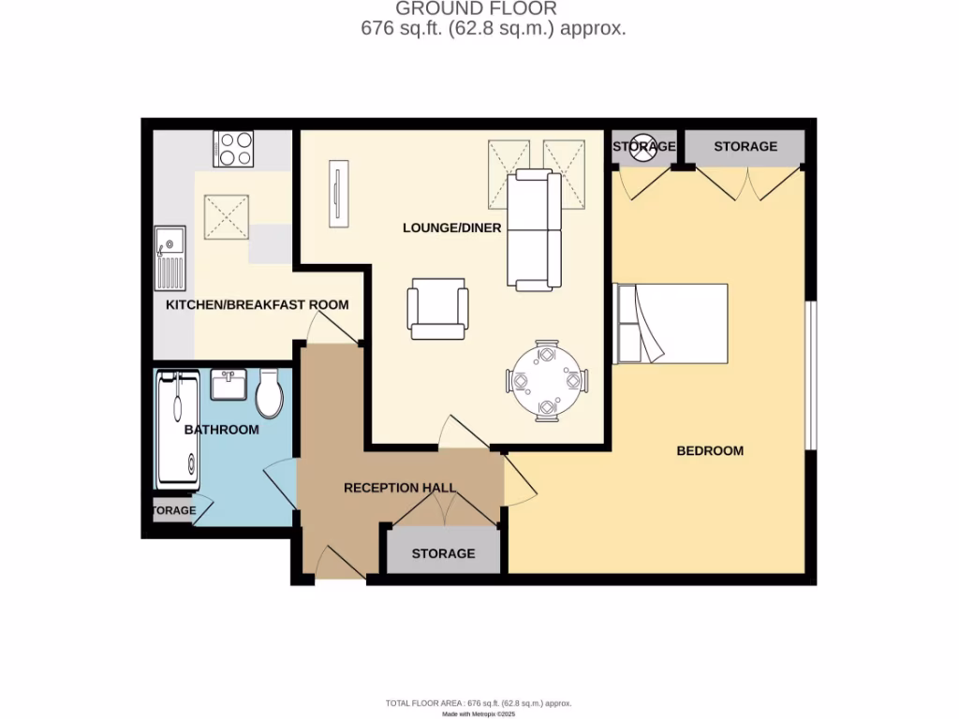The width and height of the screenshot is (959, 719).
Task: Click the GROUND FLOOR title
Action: [476, 9]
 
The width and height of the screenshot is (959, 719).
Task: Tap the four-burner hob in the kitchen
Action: [233, 148]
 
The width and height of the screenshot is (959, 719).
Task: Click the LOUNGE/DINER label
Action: [451, 227]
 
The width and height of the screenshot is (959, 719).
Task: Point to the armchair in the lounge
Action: [437, 309]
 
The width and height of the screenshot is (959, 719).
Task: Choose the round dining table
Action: [548, 381]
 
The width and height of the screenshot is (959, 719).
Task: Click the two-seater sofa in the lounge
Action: [535, 230]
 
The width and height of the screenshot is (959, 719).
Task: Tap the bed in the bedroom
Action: [671, 323]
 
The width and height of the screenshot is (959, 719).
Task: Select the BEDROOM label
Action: [710, 450]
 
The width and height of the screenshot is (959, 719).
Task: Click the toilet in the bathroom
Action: [270, 394]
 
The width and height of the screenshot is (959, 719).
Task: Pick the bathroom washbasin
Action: [229, 385]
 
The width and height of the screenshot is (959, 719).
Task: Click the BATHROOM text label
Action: [221, 430]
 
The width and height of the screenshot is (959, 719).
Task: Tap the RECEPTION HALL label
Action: [399, 488]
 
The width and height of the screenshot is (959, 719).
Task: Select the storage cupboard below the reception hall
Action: [443, 553]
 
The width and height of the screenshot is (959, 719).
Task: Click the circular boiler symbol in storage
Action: [644, 146]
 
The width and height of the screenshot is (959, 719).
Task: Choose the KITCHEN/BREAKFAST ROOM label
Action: [257, 305]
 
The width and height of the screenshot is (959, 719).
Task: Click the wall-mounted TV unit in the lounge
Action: [337, 193]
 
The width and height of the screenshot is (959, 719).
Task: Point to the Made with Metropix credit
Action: [478, 714]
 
